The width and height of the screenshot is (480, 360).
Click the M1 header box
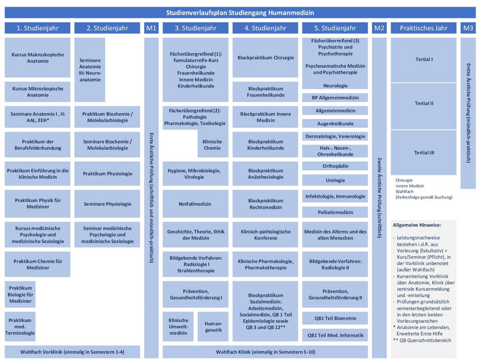[x=151, y=28]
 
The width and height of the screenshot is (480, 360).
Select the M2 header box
[x=379, y=28]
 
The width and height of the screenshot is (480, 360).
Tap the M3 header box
[x=468, y=28]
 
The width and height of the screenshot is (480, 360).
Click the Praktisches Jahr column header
[x=424, y=28]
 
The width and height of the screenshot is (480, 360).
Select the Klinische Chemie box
[x=212, y=145]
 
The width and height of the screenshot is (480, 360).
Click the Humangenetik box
[x=213, y=326]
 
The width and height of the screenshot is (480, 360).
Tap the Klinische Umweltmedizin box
[x=178, y=326]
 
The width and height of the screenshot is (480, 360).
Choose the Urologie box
[x=335, y=181]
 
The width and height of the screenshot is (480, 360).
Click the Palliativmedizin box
[x=335, y=212]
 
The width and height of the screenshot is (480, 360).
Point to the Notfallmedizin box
[x=196, y=204]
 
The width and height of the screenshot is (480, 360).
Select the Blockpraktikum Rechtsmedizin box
[x=265, y=204]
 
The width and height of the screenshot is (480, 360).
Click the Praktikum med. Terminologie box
[x=20, y=326]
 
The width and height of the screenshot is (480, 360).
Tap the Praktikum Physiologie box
[x=107, y=173]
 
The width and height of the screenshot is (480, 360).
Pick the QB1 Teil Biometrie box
[x=335, y=319]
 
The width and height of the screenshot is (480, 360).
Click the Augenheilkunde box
[x=335, y=124]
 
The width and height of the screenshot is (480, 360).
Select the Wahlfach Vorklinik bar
[x=72, y=352]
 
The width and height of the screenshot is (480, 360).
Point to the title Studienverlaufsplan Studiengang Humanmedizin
[x=240, y=13]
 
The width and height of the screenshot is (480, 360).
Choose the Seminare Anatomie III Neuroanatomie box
[x=89, y=70]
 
